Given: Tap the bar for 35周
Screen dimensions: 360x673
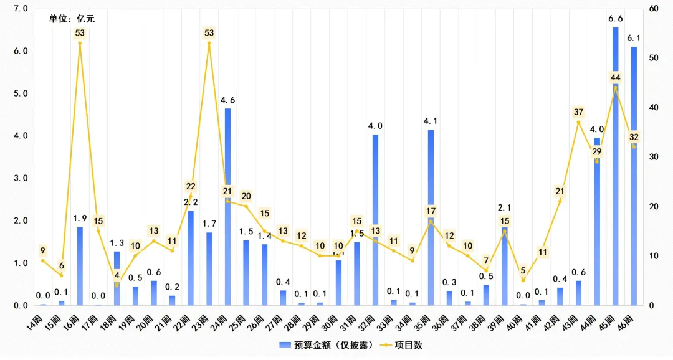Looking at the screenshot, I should pyautogui.click(x=431, y=217).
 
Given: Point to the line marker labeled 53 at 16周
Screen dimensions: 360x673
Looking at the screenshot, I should pyautogui.click(x=80, y=43).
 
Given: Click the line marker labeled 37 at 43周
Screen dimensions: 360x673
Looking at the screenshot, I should pyautogui.click(x=578, y=122).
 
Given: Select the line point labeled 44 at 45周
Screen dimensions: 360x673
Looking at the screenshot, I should pyautogui.click(x=616, y=88).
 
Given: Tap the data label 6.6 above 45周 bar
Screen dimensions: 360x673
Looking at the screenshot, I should pyautogui.click(x=616, y=19).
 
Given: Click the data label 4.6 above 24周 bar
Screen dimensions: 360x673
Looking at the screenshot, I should pyautogui.click(x=228, y=100).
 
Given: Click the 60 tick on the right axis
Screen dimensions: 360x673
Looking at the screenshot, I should pyautogui.click(x=654, y=9).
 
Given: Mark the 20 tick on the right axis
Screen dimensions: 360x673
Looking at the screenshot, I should pyautogui.click(x=654, y=207).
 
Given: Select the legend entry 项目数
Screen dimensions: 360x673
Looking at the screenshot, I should pyautogui.click(x=404, y=344).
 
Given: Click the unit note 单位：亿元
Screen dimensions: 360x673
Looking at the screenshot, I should pyautogui.click(x=72, y=19).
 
